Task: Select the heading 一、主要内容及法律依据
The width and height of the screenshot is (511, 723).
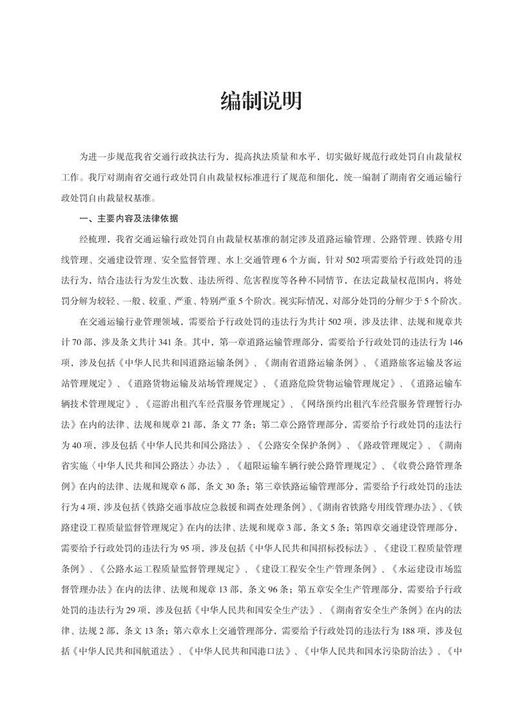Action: point(129,218)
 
